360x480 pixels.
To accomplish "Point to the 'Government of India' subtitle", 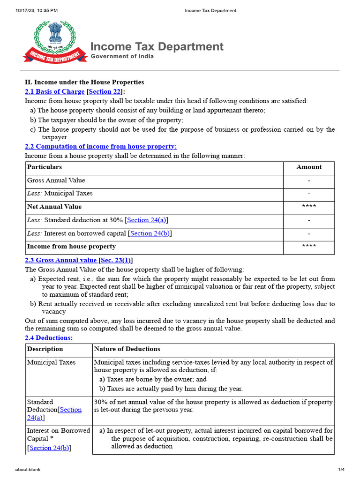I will pyautogui.click(x=122, y=56).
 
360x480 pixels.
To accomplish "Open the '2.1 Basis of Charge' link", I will pyautogui.click(x=54, y=91).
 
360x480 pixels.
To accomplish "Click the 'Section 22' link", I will pyautogui.click(x=105, y=91).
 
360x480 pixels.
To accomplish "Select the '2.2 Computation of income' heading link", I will pyautogui.click(x=100, y=147).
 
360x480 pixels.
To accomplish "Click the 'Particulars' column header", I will pyautogui.click(x=45, y=167).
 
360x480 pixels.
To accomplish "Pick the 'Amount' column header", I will pyautogui.click(x=309, y=167).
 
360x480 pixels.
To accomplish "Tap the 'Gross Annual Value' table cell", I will pyautogui.click(x=56, y=180).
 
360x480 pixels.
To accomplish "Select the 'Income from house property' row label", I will pyautogui.click(x=71, y=247).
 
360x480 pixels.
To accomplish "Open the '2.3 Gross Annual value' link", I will pyautogui.click(x=61, y=260).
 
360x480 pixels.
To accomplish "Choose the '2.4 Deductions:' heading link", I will pyautogui.click(x=49, y=337).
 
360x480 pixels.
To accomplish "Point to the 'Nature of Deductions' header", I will pyautogui.click(x=127, y=349).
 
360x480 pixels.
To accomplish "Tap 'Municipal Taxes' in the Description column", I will pyautogui.click(x=51, y=362).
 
